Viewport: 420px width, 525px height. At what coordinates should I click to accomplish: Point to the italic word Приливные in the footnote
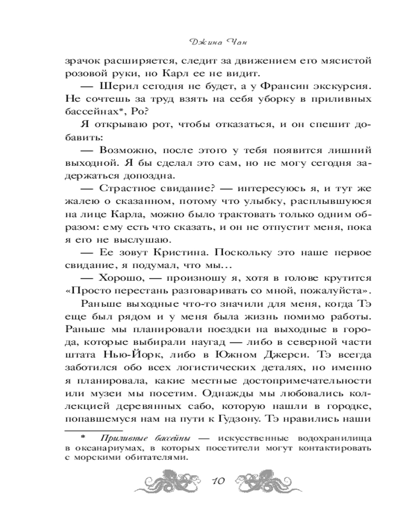pyautogui.click(x=115, y=437)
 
